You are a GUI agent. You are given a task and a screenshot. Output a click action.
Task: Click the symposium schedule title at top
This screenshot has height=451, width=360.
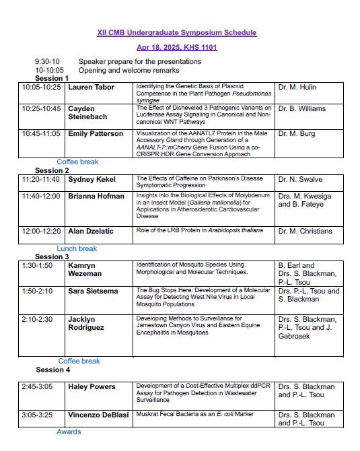click(x=177, y=32)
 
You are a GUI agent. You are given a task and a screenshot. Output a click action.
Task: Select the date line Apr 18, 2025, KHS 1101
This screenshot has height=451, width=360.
click(x=177, y=47)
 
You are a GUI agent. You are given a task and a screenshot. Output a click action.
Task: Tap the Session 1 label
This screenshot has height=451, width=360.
click(x=52, y=79)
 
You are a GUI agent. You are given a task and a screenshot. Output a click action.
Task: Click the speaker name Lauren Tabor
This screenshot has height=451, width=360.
click(x=92, y=88)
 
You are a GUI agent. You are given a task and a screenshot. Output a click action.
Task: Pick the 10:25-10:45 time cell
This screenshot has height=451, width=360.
click(x=41, y=108)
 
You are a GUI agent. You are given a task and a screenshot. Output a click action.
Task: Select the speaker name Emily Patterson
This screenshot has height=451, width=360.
click(x=96, y=134)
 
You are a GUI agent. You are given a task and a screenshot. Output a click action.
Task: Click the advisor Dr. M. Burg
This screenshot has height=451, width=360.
click(x=297, y=134)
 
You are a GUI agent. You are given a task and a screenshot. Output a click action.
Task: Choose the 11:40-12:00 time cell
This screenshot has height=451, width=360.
click(x=41, y=196)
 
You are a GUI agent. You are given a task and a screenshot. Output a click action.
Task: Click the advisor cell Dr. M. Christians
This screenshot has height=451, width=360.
click(x=305, y=231)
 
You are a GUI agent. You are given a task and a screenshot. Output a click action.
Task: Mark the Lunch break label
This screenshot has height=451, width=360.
click(x=77, y=248)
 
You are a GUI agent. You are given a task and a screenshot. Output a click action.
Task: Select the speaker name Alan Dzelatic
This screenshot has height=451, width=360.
click(x=91, y=231)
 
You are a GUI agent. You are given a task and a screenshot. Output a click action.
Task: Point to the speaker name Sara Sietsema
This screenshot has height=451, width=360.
click(x=94, y=290)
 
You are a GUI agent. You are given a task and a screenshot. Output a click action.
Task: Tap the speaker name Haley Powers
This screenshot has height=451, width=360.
click(x=92, y=386)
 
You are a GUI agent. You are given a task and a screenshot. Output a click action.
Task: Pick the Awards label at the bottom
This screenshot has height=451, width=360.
click(x=69, y=431)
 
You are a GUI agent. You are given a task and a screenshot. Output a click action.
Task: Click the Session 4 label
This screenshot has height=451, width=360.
click(x=52, y=370)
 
